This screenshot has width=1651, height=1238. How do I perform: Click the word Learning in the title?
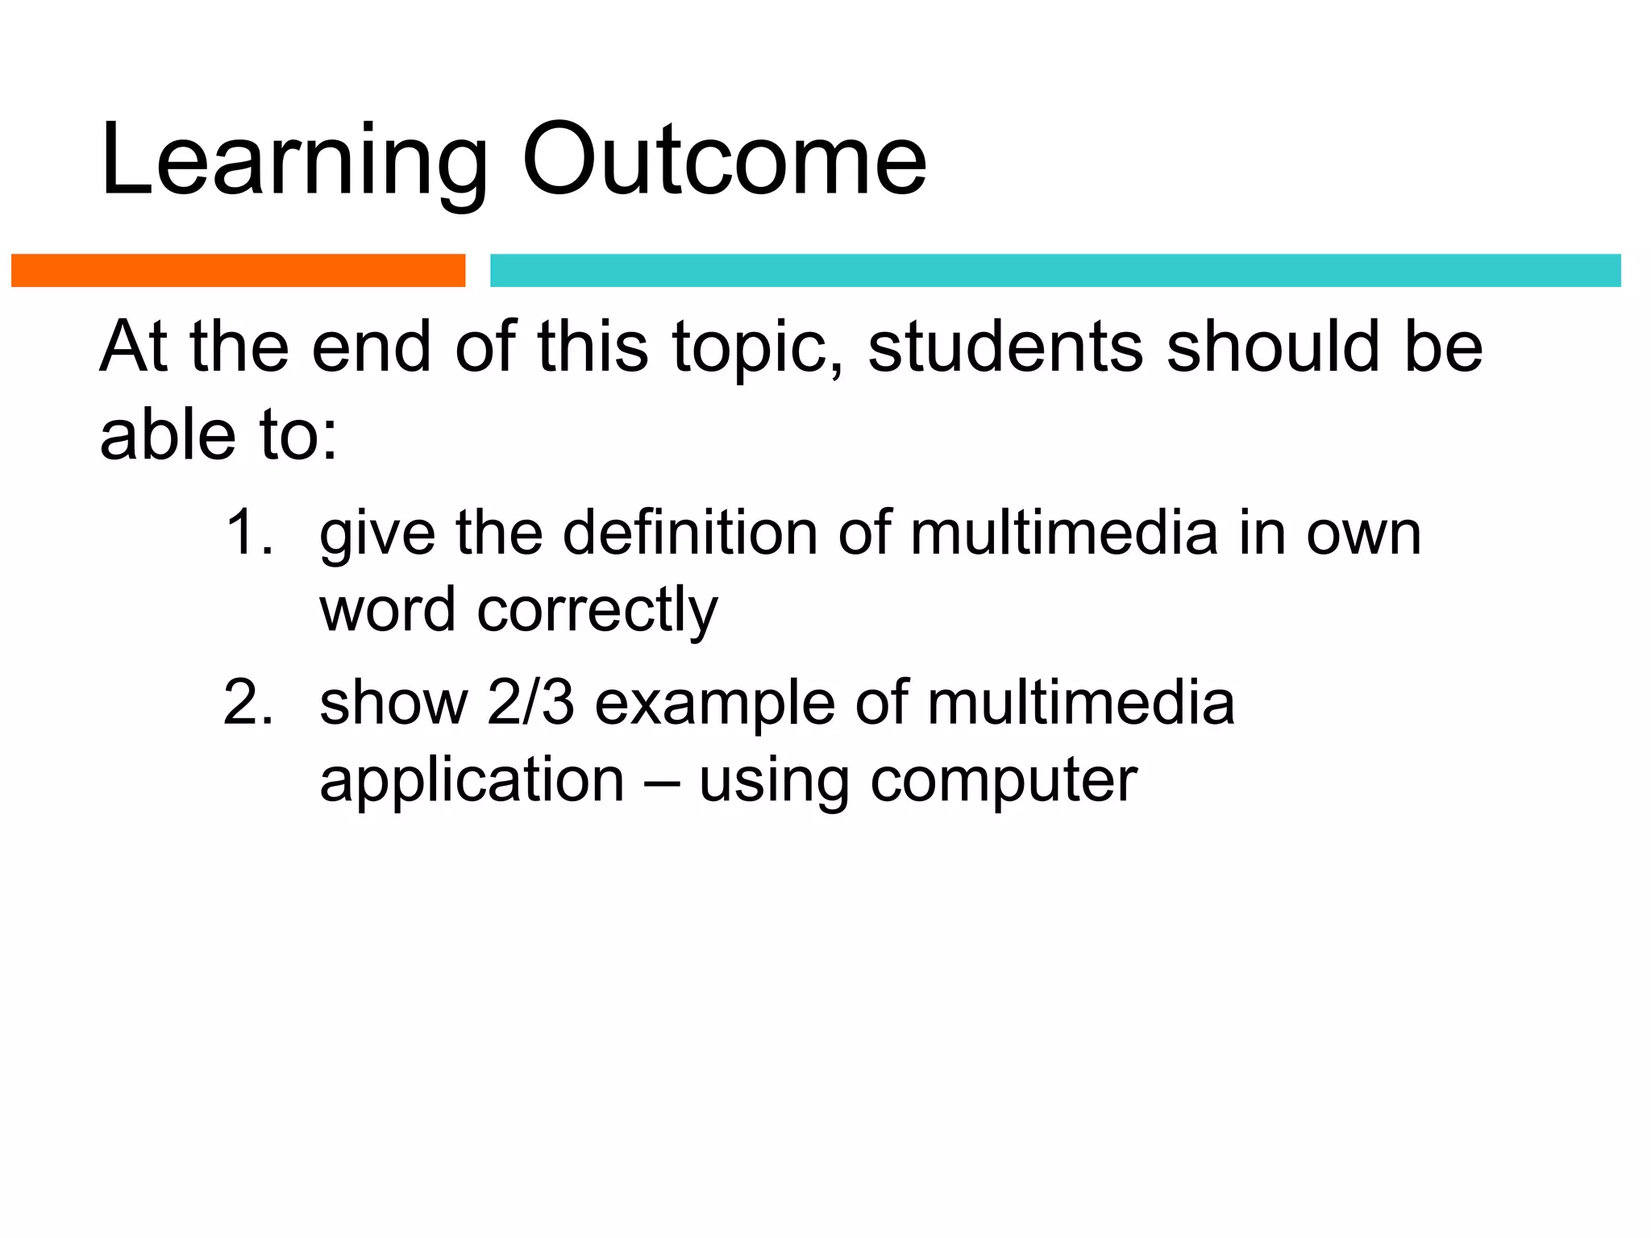(x=294, y=161)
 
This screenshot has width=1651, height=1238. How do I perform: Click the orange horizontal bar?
(x=238, y=270)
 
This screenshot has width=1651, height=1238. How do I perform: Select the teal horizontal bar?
(x=1055, y=270)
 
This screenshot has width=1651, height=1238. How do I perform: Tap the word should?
(x=1274, y=347)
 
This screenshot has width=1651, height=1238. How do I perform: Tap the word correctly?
(x=597, y=611)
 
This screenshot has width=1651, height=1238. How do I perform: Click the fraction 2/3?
(x=530, y=703)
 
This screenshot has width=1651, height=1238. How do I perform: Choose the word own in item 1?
(x=1364, y=534)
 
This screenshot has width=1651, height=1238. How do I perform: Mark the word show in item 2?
(x=393, y=703)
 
